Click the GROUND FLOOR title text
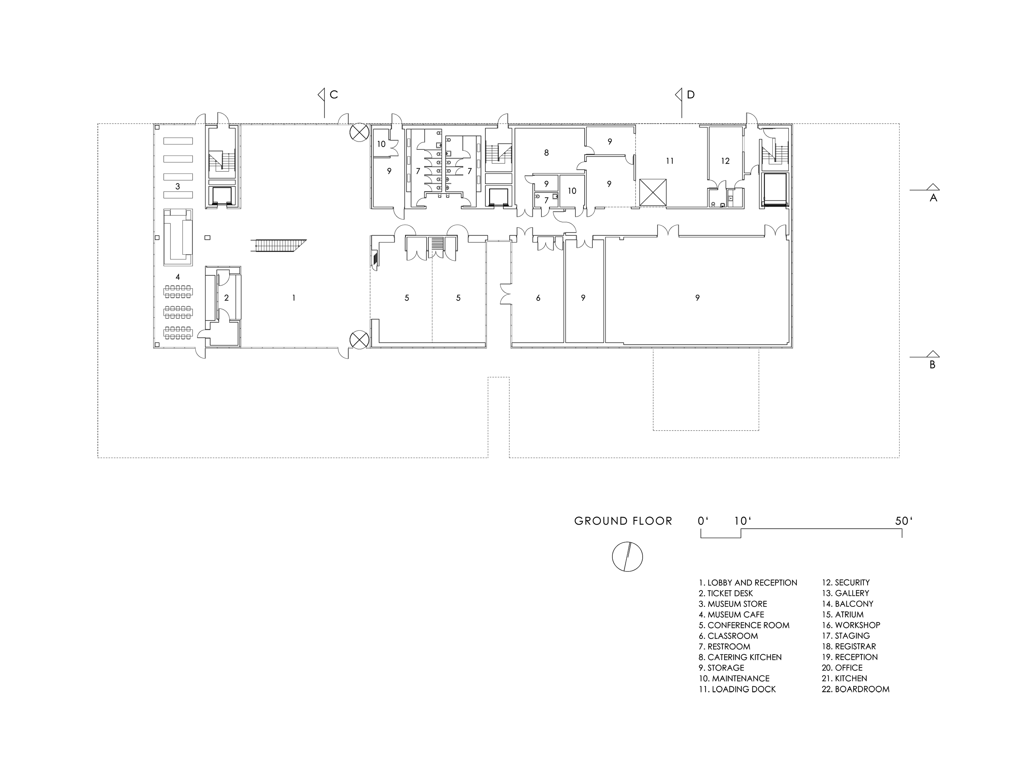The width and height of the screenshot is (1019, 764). pos(623,521)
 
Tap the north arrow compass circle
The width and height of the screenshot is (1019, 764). pos(627,557)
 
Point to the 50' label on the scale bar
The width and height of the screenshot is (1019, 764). pos(904,521)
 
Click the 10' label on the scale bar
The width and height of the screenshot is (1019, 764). pos(743,521)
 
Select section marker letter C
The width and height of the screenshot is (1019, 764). pos(334,95)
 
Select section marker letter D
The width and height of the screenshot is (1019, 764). pos(691,95)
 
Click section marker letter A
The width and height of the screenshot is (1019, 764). pos(933,198)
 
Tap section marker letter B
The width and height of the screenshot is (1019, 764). pos(932,365)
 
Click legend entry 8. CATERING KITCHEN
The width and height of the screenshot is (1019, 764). pos(740,657)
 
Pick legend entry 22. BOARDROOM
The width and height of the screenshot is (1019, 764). pos(856,689)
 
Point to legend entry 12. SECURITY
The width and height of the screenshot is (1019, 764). pos(846,583)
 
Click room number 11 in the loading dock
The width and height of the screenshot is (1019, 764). pos(670,161)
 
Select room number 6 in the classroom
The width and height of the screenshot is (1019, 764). pos(538,298)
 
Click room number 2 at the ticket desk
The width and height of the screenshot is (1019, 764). pos(226,298)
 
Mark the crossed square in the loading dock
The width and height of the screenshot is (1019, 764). pos(653,193)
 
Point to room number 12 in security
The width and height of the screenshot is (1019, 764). pos(725,161)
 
